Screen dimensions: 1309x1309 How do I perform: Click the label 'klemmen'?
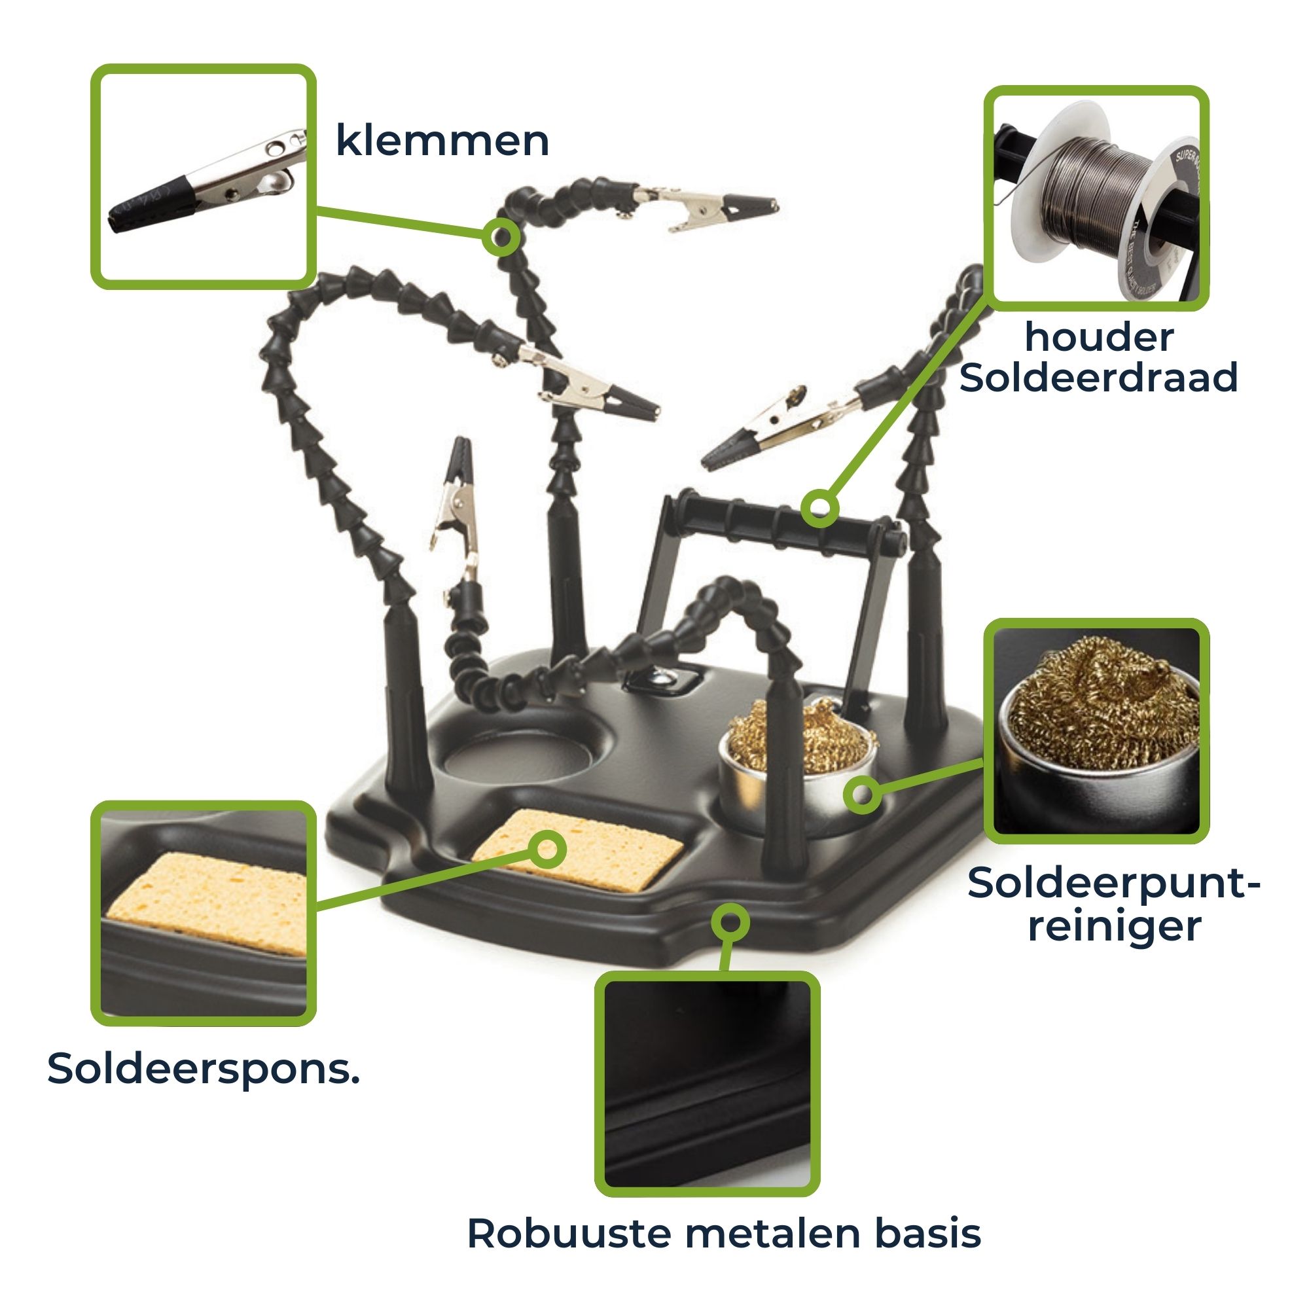(442, 141)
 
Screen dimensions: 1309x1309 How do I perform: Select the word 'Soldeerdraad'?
(1098, 378)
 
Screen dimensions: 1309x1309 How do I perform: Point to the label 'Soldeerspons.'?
(204, 1069)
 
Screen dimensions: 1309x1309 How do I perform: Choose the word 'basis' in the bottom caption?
(927, 1233)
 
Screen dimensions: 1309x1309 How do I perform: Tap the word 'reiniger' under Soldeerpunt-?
(1114, 926)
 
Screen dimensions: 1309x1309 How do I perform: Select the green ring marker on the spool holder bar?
(820, 508)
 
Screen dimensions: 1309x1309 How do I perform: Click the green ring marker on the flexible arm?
(502, 236)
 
